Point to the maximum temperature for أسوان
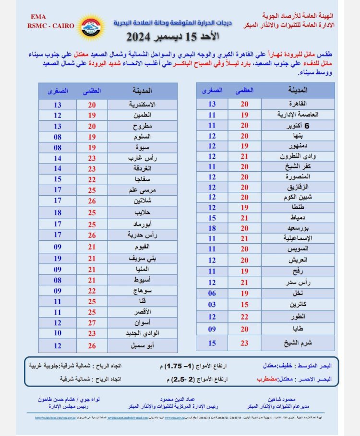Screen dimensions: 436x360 pos(92,322)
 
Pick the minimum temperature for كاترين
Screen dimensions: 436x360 pos(212,304)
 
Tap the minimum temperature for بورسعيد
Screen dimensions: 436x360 pos(212,228)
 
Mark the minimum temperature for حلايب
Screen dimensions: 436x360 pos(58,212)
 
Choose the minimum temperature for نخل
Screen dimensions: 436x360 pos(212,293)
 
